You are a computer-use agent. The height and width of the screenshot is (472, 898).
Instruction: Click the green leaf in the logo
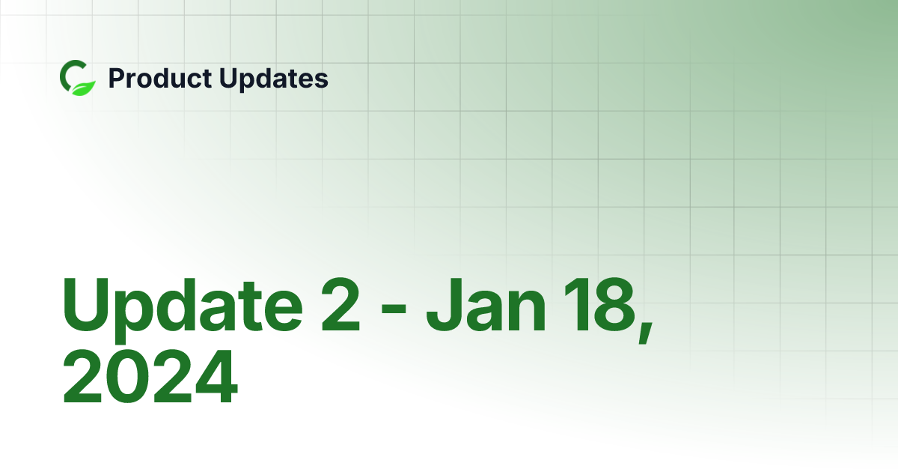(86, 86)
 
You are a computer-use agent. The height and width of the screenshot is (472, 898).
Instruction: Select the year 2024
(150, 378)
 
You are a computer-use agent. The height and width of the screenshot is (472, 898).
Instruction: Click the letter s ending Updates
(320, 81)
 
